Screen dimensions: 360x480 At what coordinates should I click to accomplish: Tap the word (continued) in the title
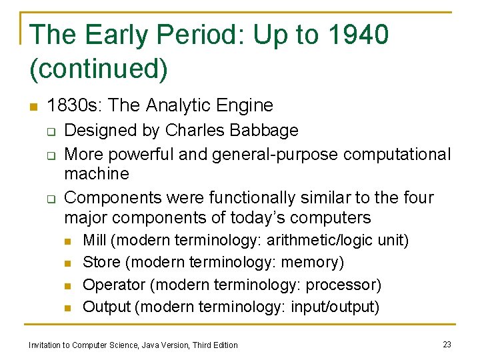[x=99, y=67]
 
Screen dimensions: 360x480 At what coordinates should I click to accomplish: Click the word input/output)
[x=341, y=307]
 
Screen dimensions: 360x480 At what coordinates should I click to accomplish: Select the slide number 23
[x=447, y=344]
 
